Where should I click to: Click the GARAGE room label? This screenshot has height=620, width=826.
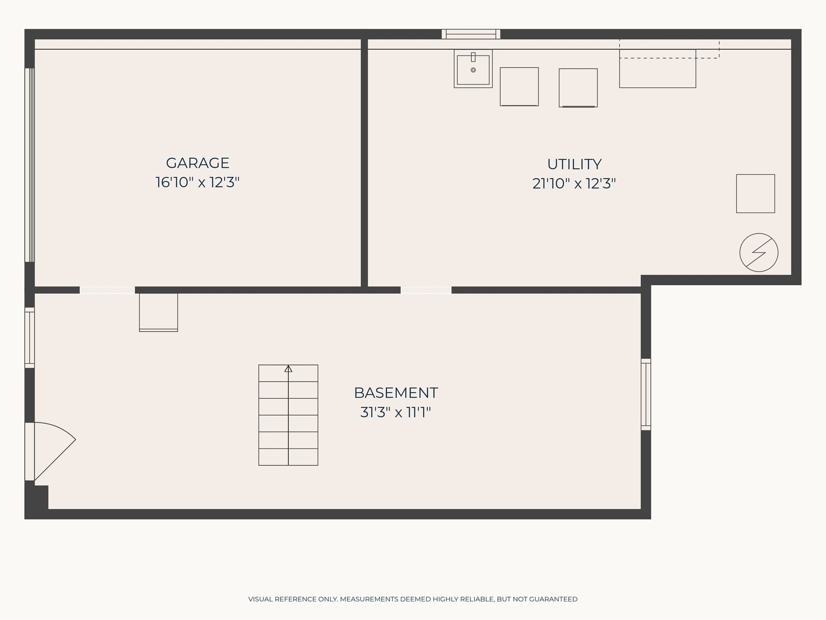pyautogui.click(x=198, y=163)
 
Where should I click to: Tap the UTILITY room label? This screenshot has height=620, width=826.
pyautogui.click(x=574, y=164)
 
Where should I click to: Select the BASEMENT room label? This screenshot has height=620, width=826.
pyautogui.click(x=396, y=393)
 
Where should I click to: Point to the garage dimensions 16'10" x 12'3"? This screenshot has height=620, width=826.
pyautogui.click(x=198, y=182)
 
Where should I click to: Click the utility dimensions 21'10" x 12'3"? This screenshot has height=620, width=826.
pyautogui.click(x=574, y=184)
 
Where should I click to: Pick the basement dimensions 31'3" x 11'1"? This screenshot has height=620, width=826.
pyautogui.click(x=396, y=413)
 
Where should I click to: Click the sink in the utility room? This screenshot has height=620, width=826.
pyautogui.click(x=473, y=69)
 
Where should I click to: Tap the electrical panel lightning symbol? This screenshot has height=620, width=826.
pyautogui.click(x=759, y=253)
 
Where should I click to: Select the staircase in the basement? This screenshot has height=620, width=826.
pyautogui.click(x=288, y=415)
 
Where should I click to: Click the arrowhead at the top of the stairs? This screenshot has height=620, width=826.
pyautogui.click(x=288, y=369)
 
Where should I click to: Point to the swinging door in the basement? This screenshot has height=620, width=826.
pyautogui.click(x=50, y=451)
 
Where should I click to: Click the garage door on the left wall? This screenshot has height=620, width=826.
pyautogui.click(x=29, y=165)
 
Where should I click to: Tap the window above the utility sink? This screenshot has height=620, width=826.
pyautogui.click(x=471, y=34)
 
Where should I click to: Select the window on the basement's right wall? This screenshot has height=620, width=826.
pyautogui.click(x=646, y=394)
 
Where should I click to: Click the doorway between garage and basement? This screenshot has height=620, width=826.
pyautogui.click(x=107, y=290)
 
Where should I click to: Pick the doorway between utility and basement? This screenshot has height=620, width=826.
pyautogui.click(x=426, y=290)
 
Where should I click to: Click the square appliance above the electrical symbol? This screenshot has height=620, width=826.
pyautogui.click(x=755, y=194)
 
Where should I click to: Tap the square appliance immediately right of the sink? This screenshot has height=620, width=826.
pyautogui.click(x=519, y=87)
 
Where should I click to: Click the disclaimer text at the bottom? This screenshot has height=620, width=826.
pyautogui.click(x=413, y=599)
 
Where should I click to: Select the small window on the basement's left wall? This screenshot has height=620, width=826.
pyautogui.click(x=29, y=338)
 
